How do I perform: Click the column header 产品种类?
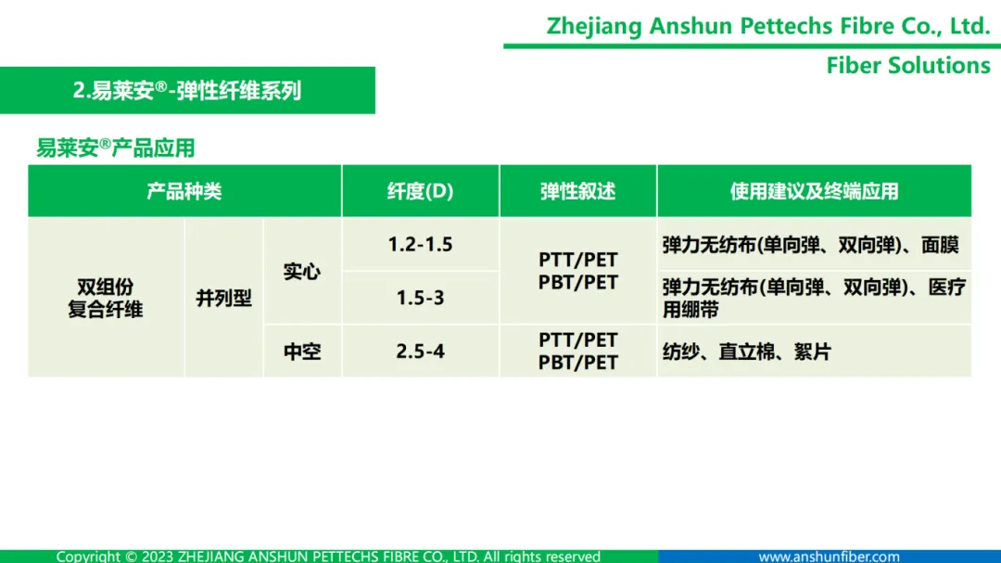[x=184, y=191]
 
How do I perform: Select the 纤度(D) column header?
[x=420, y=191]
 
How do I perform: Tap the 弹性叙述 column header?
[x=577, y=191]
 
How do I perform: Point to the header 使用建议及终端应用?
[x=814, y=191]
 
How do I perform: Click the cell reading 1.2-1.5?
[x=420, y=244]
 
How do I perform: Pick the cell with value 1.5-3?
[x=420, y=298]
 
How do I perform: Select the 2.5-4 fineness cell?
[x=420, y=352]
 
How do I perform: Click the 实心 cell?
[x=302, y=272]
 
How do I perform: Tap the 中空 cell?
[x=302, y=352]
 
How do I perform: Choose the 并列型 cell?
[x=223, y=298]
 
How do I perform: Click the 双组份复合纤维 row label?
[x=106, y=298]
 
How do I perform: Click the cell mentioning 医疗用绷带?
[x=814, y=298]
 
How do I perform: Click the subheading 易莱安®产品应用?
[x=116, y=147]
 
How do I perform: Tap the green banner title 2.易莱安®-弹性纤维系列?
[x=186, y=90]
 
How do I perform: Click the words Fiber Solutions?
[x=908, y=65]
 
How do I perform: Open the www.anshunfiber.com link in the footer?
[x=829, y=557]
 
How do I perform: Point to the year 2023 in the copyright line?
[x=158, y=557]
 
